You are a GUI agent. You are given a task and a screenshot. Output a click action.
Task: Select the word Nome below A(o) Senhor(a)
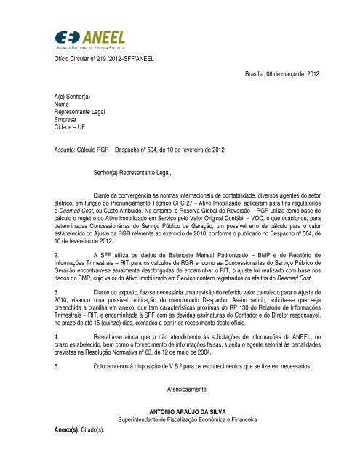tap(64, 104)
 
